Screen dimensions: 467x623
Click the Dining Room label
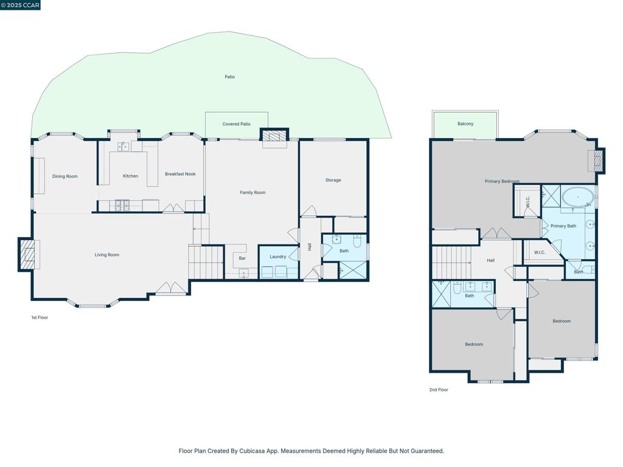[64, 176]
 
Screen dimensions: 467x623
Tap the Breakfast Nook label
[180, 174]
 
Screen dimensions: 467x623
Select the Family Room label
[252, 193]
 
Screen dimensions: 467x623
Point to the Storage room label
[333, 180]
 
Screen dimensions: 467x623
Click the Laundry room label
[278, 257]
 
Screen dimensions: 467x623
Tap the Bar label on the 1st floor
[242, 258]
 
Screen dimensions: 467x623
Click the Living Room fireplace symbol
[27, 254]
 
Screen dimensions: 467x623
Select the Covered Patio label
[236, 124]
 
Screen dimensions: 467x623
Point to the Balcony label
[465, 124]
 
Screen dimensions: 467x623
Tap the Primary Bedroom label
[502, 181]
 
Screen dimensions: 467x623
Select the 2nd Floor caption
[439, 390]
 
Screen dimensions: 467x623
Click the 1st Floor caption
[40, 317]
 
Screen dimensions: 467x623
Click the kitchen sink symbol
[123, 147]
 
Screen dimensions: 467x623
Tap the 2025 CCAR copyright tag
[21, 5]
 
